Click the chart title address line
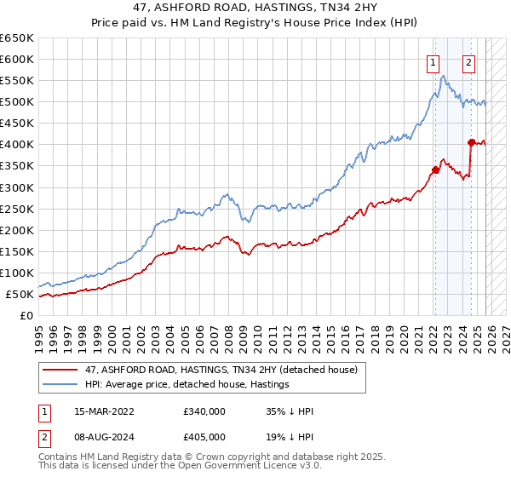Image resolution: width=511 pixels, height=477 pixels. coord(255,8)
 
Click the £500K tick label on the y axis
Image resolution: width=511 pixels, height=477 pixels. coord(17,102)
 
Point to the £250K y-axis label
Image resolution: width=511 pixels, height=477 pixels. coord(17,209)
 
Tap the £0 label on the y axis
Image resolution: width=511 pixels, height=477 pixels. coord(26,316)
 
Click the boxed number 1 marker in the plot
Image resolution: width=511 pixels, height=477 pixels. coord(433,61)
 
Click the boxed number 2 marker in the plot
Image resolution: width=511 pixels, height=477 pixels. coord(468,61)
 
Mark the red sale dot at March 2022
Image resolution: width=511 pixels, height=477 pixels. coord(434,170)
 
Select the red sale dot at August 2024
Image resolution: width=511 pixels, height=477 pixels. coord(470,142)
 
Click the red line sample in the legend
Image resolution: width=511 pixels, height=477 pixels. coord(62,370)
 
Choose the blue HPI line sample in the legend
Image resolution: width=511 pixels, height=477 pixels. coord(62,385)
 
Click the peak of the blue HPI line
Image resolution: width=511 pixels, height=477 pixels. coord(444,76)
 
